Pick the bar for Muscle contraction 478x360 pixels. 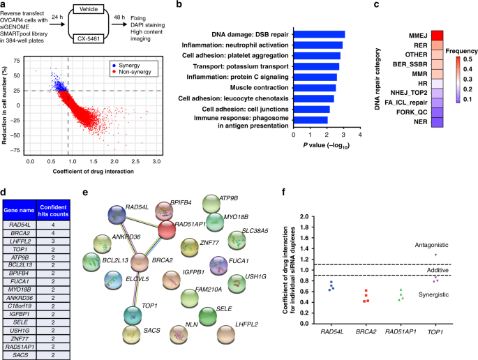tap(315, 88)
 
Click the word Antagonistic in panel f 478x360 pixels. tap(432, 246)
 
